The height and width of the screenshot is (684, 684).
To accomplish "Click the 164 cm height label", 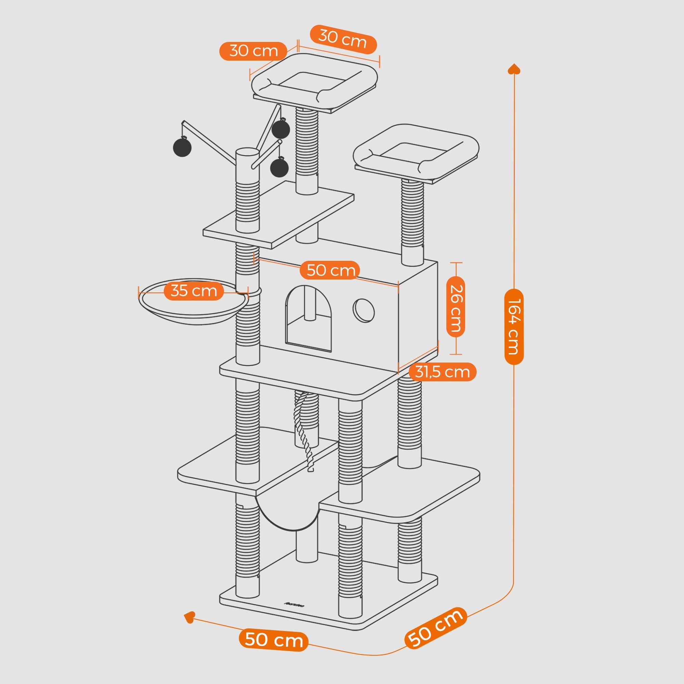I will point(514,326).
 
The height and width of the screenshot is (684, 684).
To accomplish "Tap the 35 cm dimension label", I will point(194,291).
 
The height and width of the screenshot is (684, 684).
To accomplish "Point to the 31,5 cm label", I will point(442,372).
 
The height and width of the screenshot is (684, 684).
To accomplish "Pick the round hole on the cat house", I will point(364,311).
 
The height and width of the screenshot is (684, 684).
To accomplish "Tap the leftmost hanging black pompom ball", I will point(182,147).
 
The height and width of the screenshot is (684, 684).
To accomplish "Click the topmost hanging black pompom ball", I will point(281,129).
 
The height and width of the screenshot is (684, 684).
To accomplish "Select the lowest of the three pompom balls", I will point(279,168).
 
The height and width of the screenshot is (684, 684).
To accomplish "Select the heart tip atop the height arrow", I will point(514,69).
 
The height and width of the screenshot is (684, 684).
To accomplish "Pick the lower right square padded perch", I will point(416,152).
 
